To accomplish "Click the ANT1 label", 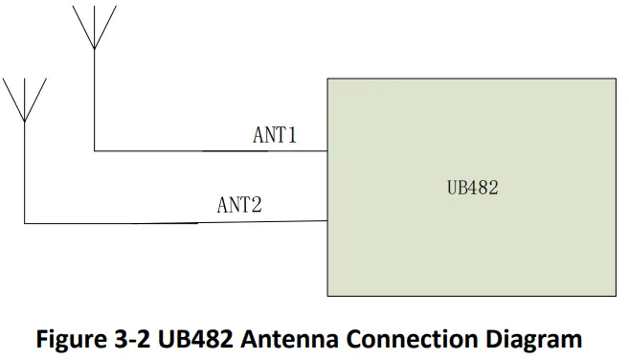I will tap(274, 135).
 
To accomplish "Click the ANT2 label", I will tap(239, 204).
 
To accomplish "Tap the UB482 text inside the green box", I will tap(473, 188).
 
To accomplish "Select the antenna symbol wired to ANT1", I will tap(94, 27).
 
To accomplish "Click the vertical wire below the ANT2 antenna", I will tap(24, 172).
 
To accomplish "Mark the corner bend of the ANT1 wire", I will tap(94, 150).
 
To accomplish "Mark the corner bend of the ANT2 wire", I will tap(24, 223).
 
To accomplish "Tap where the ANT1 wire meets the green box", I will tap(327, 150).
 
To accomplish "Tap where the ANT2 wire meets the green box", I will tap(327, 222).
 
